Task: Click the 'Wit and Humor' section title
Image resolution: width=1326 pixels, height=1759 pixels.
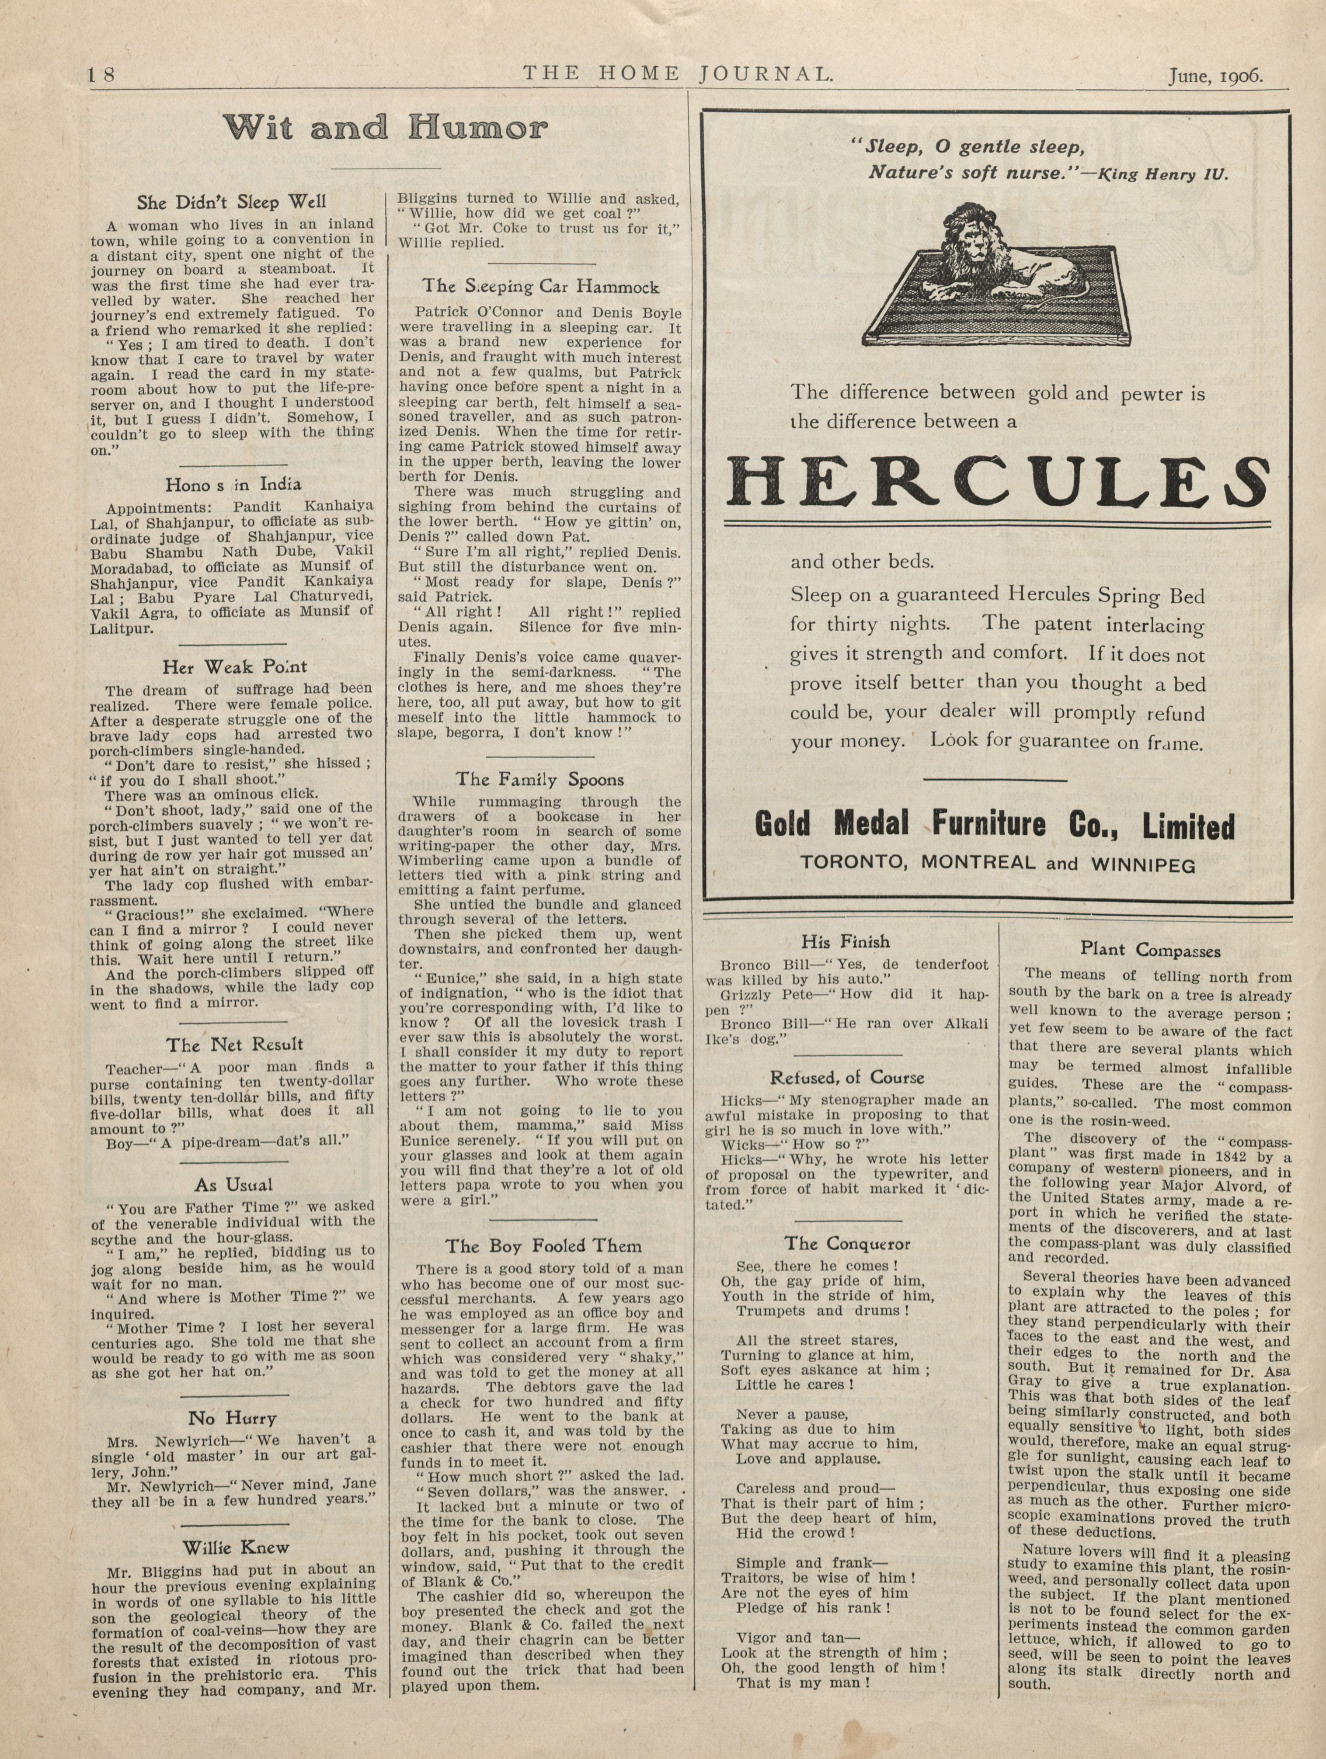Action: click(x=386, y=127)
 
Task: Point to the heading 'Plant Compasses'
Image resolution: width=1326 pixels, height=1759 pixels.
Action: click(x=1149, y=950)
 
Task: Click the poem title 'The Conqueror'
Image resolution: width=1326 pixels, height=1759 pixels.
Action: click(x=847, y=1243)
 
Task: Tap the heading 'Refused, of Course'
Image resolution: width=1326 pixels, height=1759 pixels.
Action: click(x=847, y=1078)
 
